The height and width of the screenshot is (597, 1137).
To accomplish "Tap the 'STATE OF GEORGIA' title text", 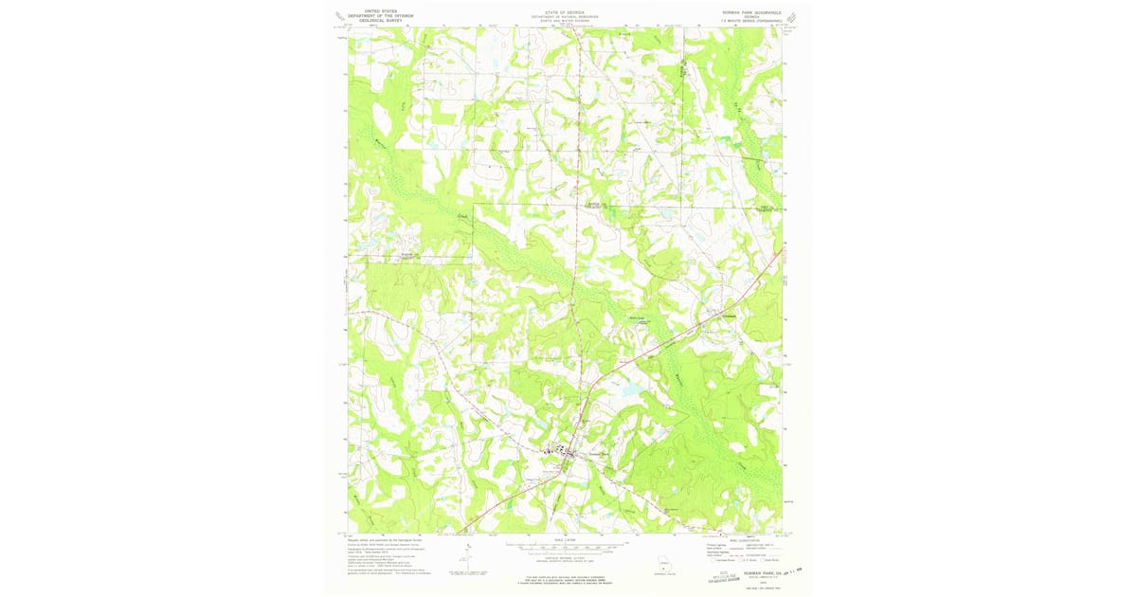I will coord(564,12).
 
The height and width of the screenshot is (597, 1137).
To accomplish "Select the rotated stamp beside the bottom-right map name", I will coord(731,576).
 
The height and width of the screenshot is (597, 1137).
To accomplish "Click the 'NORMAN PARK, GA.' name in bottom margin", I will coord(750,560).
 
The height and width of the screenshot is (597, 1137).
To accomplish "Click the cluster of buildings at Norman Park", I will coord(559,453).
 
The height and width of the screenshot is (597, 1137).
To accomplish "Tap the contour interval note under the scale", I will coord(566,557).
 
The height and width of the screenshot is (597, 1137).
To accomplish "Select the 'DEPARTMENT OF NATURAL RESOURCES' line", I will coord(564,16).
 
